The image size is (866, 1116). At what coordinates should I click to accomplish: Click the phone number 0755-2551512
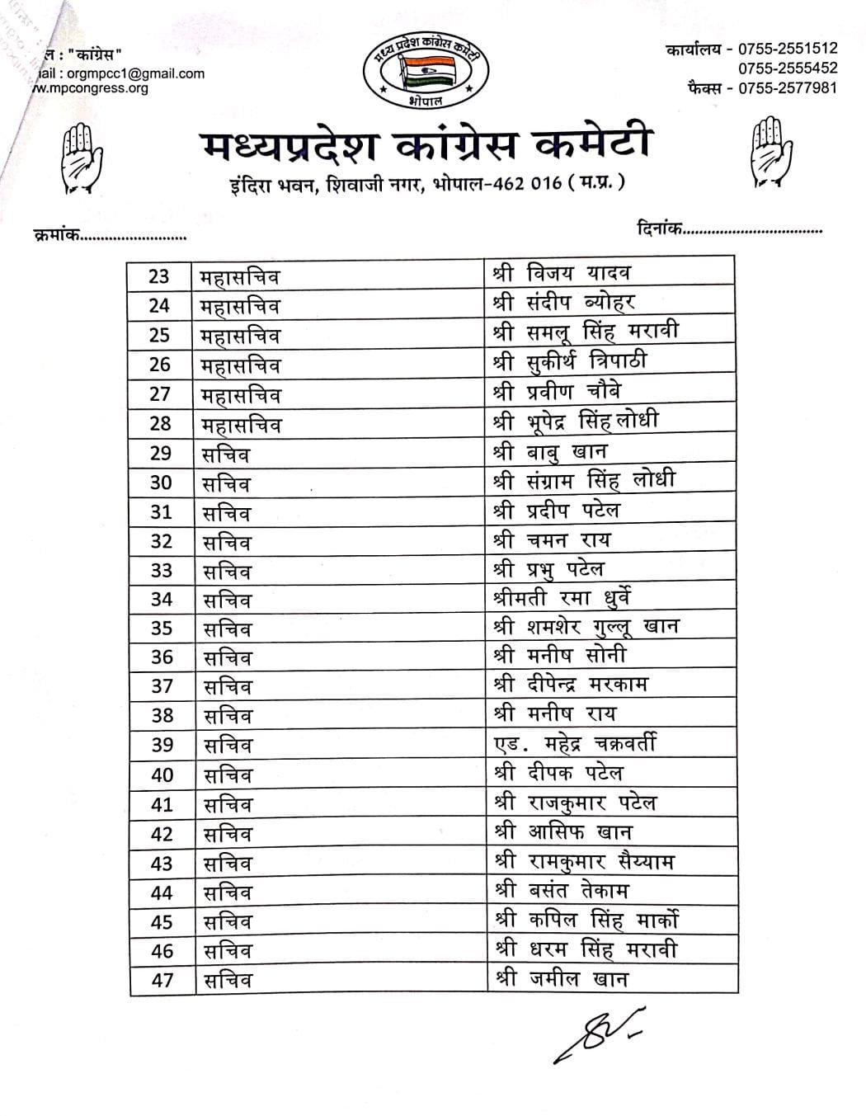click(788, 49)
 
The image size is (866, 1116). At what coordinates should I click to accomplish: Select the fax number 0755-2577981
click(788, 87)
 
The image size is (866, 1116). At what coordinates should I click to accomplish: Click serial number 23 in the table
click(158, 276)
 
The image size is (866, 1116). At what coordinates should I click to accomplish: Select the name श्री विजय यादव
click(561, 273)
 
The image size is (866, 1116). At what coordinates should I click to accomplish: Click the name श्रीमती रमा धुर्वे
click(561, 598)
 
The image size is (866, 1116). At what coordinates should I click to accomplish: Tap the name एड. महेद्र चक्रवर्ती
click(574, 744)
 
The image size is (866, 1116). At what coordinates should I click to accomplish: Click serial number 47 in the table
click(162, 980)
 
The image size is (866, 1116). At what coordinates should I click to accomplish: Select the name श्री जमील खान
click(560, 979)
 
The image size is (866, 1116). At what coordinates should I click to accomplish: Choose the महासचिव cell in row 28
click(241, 425)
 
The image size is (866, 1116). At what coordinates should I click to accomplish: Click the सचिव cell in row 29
click(226, 454)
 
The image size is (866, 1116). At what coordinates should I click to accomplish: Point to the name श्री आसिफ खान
click(562, 832)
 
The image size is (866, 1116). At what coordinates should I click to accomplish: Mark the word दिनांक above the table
click(659, 228)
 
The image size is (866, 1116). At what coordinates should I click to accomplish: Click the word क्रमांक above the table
click(56, 235)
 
